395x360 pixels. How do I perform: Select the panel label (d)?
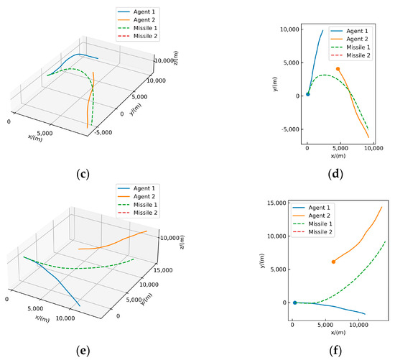click(337, 172)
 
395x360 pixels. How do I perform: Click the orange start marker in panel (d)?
click(338, 69)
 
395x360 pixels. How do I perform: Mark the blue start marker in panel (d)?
click(308, 94)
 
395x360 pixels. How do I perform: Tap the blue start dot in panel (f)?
click(294, 303)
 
